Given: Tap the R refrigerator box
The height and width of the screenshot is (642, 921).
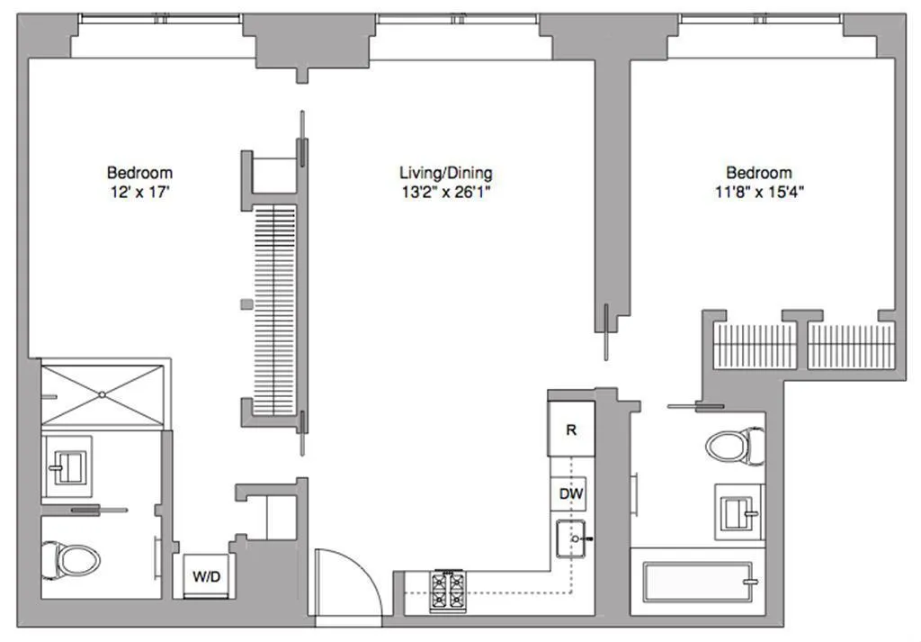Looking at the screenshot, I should tap(570, 430).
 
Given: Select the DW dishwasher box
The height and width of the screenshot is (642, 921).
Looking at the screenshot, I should tap(570, 493).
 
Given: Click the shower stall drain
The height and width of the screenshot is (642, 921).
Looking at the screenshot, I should tap(103, 393).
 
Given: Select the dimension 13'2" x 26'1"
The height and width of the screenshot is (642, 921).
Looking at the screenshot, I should tap(445, 192).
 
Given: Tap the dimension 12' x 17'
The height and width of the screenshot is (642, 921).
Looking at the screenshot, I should tap(139, 192).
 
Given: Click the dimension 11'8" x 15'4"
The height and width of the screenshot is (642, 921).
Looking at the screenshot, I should tap(759, 192).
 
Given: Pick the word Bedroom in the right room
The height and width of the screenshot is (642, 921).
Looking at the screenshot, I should tap(759, 173).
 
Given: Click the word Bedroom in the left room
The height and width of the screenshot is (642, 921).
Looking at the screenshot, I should tap(139, 173).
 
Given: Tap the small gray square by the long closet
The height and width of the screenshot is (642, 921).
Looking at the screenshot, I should tap(246, 304).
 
